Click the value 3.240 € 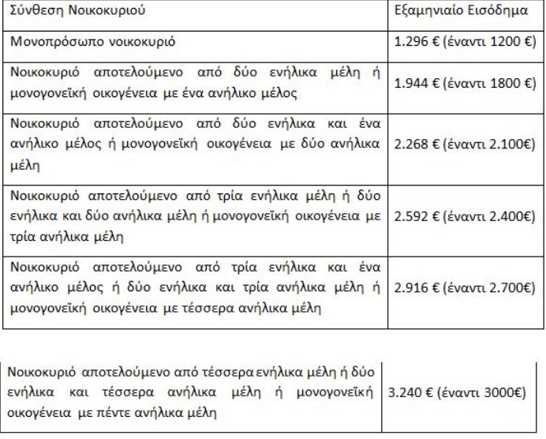point(413,392)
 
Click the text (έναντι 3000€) point(484,392)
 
